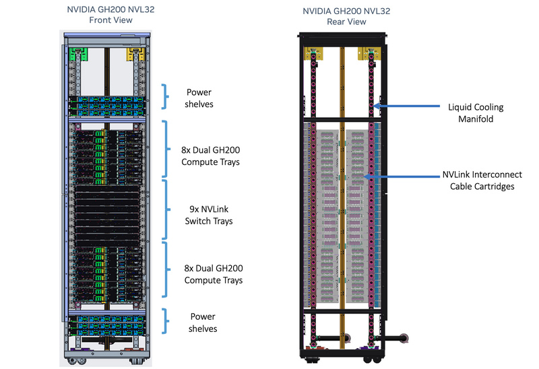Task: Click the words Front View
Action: tap(110, 20)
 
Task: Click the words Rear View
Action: tap(346, 22)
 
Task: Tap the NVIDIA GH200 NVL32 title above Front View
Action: tap(110, 9)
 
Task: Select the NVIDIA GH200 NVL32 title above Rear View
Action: tap(346, 11)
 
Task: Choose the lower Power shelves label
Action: tap(203, 323)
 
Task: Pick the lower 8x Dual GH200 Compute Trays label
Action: tap(214, 274)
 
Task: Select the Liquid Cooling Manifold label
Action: tap(476, 112)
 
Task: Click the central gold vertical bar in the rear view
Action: tap(342, 189)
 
